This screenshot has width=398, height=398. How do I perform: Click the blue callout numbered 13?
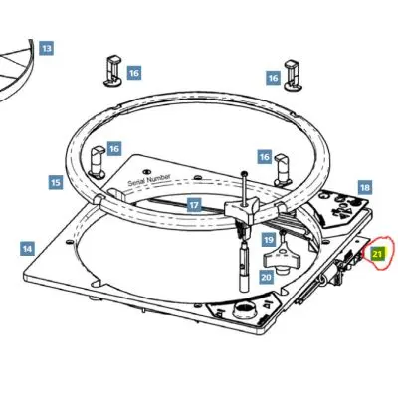47,49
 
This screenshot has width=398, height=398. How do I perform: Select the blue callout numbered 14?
27,248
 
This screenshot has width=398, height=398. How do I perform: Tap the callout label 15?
56,182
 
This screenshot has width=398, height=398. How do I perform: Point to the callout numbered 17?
194,205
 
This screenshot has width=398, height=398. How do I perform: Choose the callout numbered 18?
365,188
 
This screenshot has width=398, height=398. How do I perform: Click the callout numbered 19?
269,239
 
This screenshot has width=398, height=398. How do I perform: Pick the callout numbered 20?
266,276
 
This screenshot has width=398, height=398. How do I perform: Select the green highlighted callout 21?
377,254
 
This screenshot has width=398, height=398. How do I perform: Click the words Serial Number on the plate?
149,180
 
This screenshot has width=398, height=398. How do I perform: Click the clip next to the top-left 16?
113,71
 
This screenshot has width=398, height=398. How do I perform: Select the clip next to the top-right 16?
293,75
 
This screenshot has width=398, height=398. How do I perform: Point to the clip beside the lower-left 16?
97,161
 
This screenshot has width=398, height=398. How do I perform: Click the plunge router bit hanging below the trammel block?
244,266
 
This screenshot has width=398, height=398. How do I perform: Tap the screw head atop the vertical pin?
245,173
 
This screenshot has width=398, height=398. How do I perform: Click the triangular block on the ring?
242,210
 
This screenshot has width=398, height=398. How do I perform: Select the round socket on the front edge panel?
245,311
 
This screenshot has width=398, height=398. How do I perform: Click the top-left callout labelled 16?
134,72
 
